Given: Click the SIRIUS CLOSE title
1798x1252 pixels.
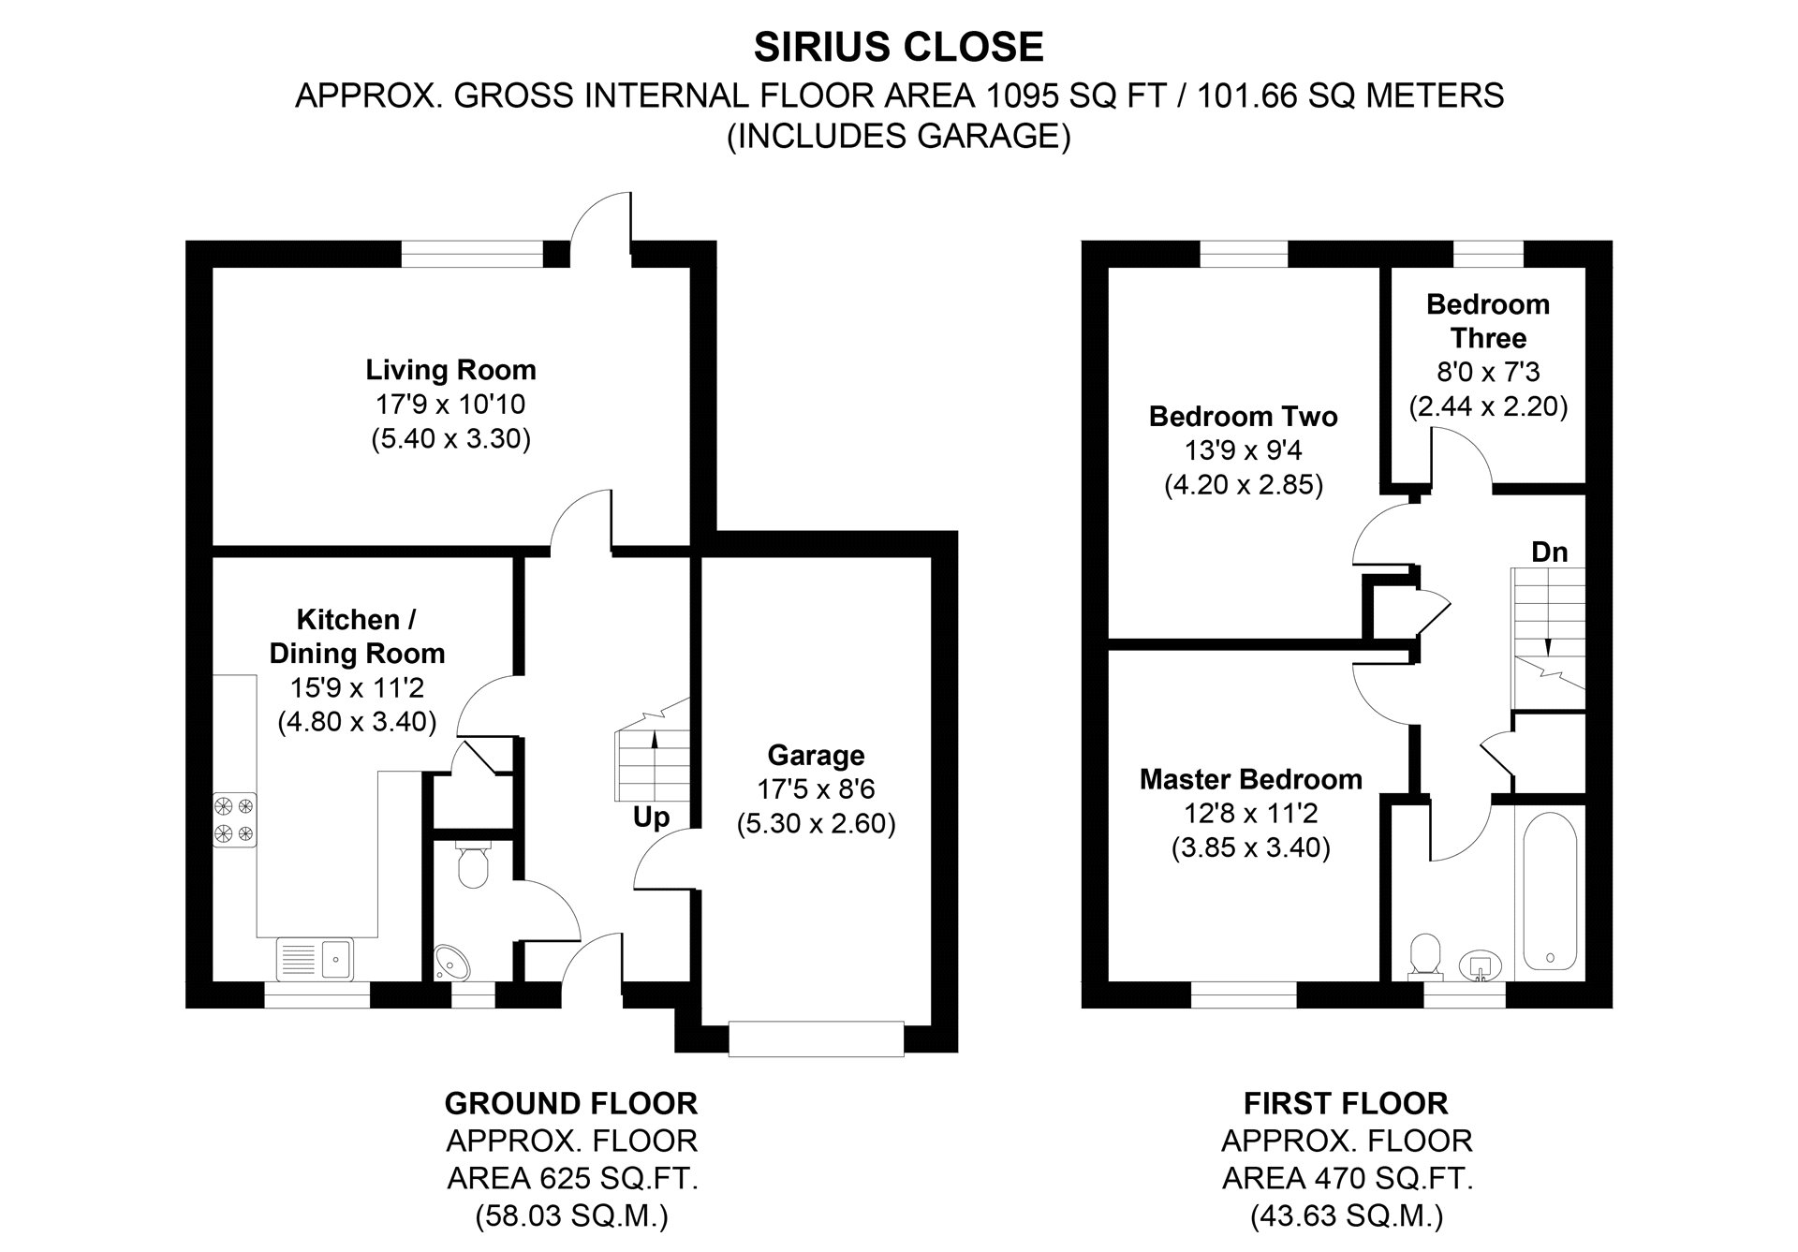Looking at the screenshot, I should tap(898, 47).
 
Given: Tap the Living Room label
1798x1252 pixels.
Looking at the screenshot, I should tap(450, 370).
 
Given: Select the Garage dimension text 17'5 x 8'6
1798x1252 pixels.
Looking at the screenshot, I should tap(816, 789).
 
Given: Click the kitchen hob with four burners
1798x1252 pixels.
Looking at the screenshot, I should tap(234, 819).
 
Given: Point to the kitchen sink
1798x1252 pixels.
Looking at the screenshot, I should tap(315, 958).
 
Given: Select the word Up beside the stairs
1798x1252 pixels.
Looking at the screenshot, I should tap(651, 817).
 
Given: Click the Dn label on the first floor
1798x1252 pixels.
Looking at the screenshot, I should tap(1549, 552).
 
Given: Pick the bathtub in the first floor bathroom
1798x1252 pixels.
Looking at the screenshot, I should tap(1549, 891).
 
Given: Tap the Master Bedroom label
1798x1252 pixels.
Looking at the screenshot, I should tap(1250, 779).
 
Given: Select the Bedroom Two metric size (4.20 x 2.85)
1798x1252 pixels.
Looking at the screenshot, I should tap(1243, 485).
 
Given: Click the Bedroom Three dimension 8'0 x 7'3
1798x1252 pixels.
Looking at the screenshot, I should tap(1488, 372).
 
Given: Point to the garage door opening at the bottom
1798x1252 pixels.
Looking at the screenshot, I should tap(816, 1039).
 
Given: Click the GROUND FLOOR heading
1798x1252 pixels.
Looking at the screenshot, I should tap(571, 1103).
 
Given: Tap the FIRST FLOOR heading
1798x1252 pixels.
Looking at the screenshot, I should tap(1346, 1103).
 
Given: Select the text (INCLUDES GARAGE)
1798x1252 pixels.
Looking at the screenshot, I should tap(898, 137).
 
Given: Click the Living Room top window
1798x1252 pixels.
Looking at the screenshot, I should tap(472, 254).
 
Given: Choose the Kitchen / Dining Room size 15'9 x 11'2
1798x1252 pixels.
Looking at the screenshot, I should tap(357, 688).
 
